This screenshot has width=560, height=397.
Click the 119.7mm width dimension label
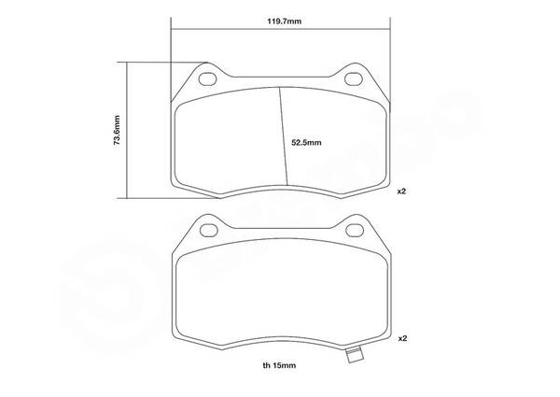(285, 21)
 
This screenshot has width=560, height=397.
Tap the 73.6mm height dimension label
(117, 130)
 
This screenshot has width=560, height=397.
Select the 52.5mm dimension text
(306, 143)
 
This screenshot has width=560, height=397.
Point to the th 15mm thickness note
(279, 365)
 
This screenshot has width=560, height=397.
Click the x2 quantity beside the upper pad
(401, 191)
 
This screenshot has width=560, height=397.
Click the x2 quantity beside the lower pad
(402, 338)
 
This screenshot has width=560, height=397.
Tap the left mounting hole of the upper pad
(207, 79)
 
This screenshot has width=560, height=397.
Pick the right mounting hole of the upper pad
(354, 79)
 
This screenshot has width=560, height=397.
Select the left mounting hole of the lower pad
(209, 231)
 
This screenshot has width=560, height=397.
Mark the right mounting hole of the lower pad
(355, 230)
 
